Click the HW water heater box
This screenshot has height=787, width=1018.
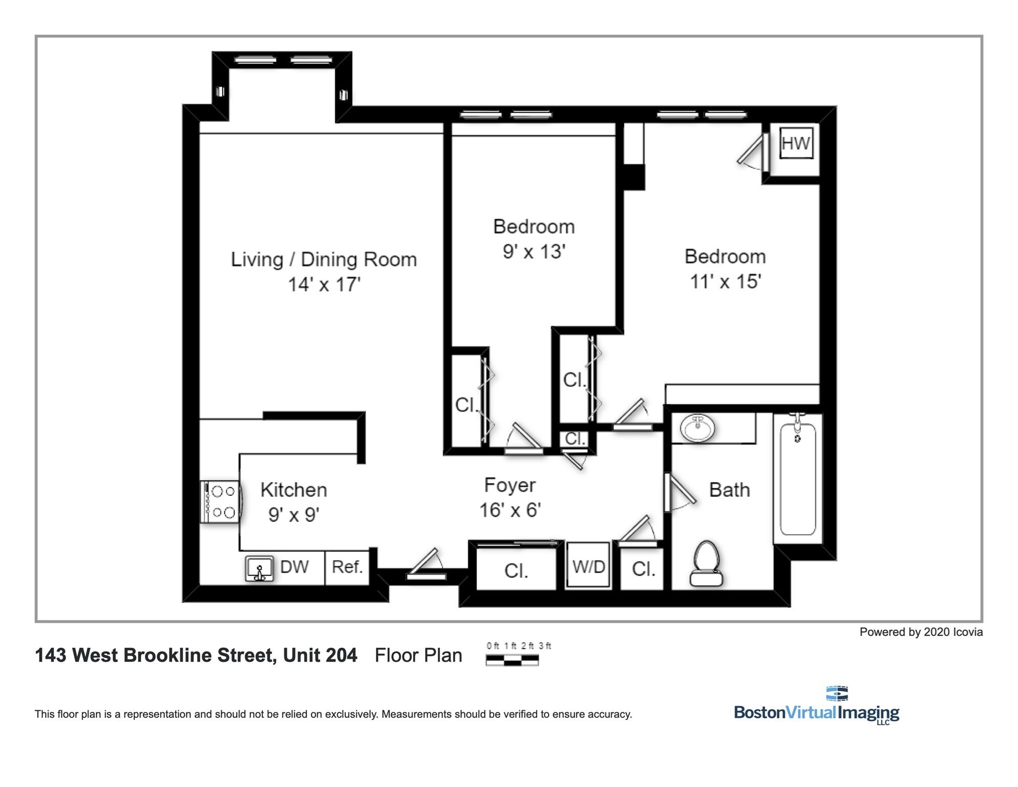point(796,143)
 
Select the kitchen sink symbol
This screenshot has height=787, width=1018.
point(259,569)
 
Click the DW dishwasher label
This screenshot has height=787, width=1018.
point(294,567)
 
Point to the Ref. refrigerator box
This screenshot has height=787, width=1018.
point(347,567)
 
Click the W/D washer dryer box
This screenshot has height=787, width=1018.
point(588,566)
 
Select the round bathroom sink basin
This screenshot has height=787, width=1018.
point(697,428)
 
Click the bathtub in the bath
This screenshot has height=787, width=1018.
point(797,479)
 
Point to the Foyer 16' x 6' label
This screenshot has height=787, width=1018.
point(510,497)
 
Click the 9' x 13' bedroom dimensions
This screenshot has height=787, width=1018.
point(534,252)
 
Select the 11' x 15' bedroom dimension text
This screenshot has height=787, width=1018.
point(725,281)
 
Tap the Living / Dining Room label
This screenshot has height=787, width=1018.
point(324,259)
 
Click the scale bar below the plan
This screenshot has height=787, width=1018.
point(512,660)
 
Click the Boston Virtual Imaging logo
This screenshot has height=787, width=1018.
point(816,707)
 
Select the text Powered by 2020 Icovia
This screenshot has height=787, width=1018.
point(921,632)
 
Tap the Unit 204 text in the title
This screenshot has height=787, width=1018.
point(320,655)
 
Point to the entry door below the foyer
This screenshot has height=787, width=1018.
point(426,567)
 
